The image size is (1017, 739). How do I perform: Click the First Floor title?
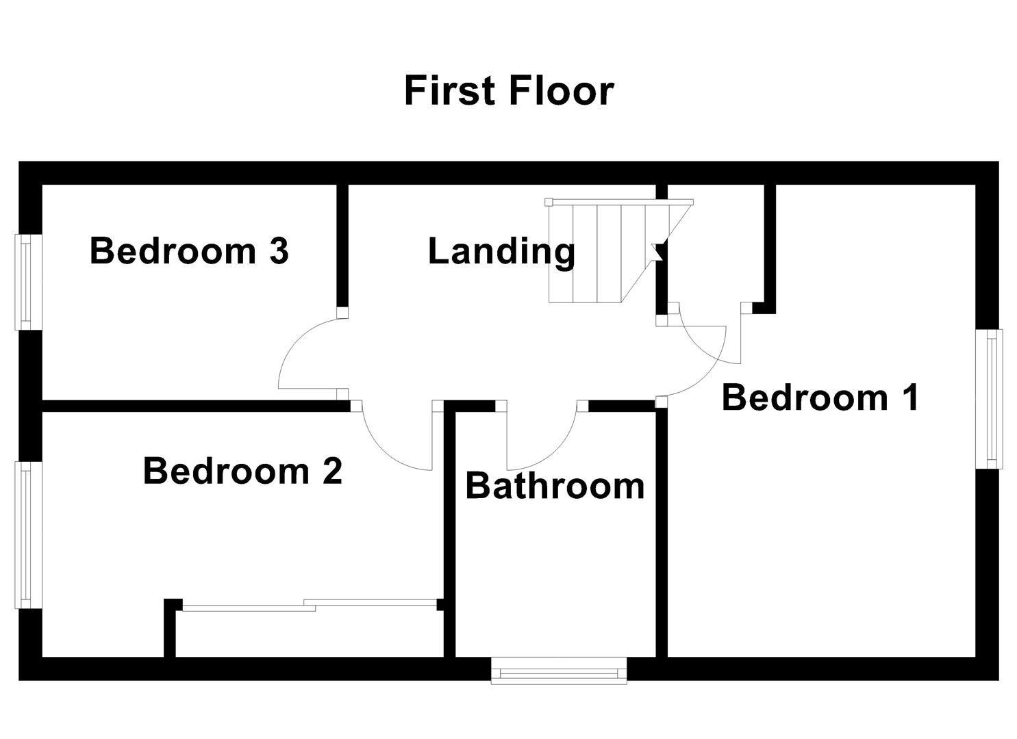tap(508, 90)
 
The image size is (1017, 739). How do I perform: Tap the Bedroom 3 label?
tap(189, 250)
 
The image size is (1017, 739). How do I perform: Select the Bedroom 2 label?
tap(242, 471)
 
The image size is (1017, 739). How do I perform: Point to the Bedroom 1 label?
tap(820, 397)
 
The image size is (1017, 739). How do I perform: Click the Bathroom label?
tap(555, 486)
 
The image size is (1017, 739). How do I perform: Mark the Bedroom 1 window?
tap(990, 398)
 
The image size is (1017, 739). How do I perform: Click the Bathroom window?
tap(559, 671)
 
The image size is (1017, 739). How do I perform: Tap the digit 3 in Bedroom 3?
tap(278, 250)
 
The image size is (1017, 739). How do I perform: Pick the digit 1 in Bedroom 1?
tap(910, 397)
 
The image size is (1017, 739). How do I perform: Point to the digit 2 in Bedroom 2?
tap(331, 471)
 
